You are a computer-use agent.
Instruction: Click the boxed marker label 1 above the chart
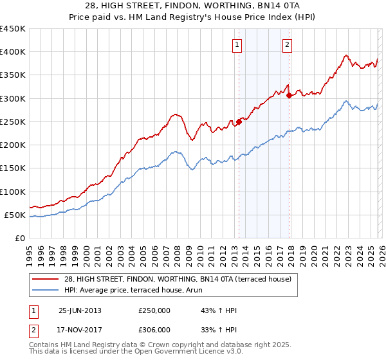238,44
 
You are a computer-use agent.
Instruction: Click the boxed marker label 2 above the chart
286,44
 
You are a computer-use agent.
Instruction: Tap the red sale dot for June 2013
239,121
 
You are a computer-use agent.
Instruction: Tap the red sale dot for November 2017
289,95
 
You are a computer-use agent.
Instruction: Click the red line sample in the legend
46,279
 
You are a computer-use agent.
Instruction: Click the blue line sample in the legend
46,290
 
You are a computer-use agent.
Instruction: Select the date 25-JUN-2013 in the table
80,310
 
